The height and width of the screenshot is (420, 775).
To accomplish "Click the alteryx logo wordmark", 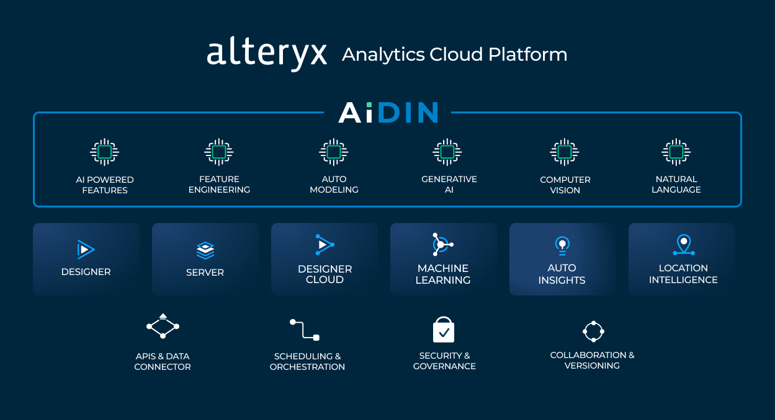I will [x=267, y=54].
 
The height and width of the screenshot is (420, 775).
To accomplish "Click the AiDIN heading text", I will [x=388, y=113].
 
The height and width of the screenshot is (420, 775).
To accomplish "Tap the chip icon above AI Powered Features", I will [x=105, y=152].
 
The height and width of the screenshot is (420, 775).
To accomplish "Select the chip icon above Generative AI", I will [x=447, y=152].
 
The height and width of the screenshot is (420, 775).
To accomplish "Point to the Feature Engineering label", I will [x=219, y=185].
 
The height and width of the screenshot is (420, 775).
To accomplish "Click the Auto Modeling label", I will [x=334, y=185].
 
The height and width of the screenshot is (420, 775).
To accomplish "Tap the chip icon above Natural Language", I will [x=676, y=152].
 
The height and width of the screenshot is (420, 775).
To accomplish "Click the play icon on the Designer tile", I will [x=86, y=249].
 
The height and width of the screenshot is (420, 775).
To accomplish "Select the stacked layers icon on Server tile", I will [x=205, y=250].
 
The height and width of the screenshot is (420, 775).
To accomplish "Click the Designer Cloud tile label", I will [x=325, y=274].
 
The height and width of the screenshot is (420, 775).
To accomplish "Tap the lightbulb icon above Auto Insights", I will [x=562, y=246].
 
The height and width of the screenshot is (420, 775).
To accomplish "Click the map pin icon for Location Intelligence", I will [x=683, y=245].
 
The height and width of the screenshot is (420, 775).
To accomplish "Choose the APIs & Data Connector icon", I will [x=163, y=326].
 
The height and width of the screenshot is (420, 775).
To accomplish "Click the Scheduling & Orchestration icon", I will [x=305, y=330].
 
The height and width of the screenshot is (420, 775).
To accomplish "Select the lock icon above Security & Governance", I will [x=444, y=330].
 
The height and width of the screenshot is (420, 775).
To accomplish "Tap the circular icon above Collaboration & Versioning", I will [x=593, y=331].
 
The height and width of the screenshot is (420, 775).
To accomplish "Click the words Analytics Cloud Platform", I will [x=454, y=55].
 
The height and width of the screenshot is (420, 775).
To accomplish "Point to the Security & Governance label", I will [x=444, y=361].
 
